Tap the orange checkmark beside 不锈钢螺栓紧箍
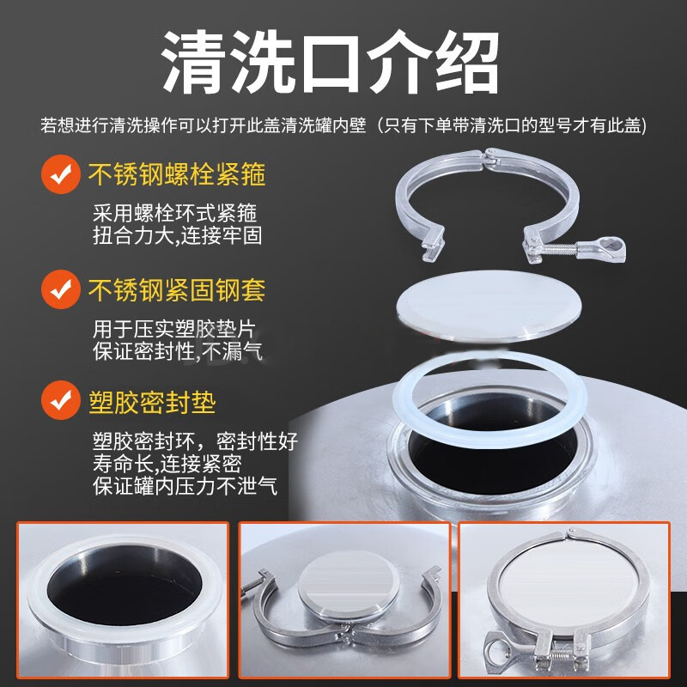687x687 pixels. pos(59,175)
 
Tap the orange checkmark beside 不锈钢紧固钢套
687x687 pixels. pos(59,289)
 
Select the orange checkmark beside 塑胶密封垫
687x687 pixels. pos(59,401)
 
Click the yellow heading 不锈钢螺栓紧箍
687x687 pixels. pos(177,176)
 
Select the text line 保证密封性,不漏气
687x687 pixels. pos(177,350)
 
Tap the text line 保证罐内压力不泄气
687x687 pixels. pos(185,485)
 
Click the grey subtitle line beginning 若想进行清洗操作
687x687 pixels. pos(343,125)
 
